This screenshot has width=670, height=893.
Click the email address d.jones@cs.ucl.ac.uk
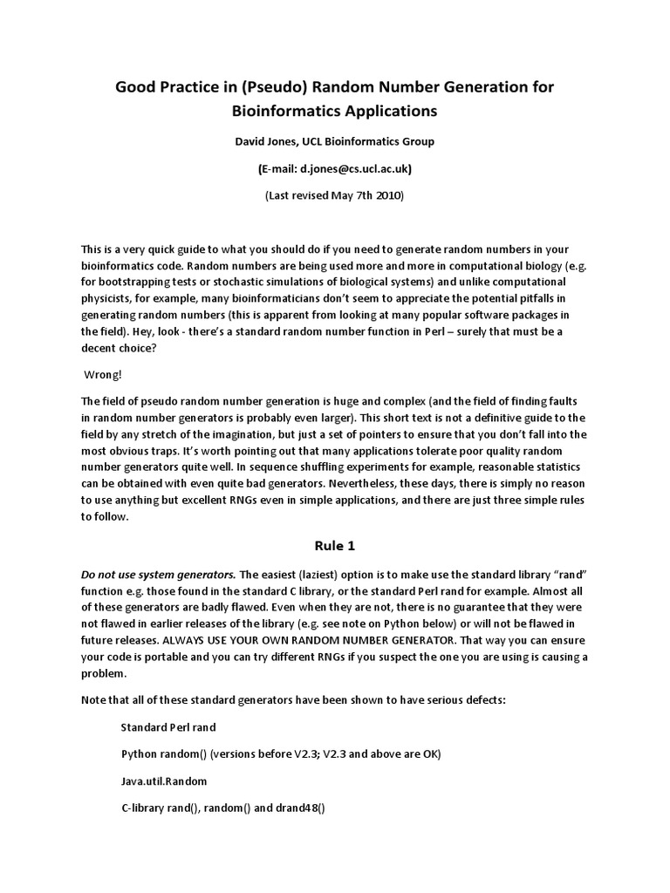click(x=349, y=168)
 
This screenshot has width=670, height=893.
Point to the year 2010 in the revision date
click(x=389, y=196)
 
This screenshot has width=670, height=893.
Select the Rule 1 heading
click(x=335, y=546)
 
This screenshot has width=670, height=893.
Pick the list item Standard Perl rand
click(x=168, y=726)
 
